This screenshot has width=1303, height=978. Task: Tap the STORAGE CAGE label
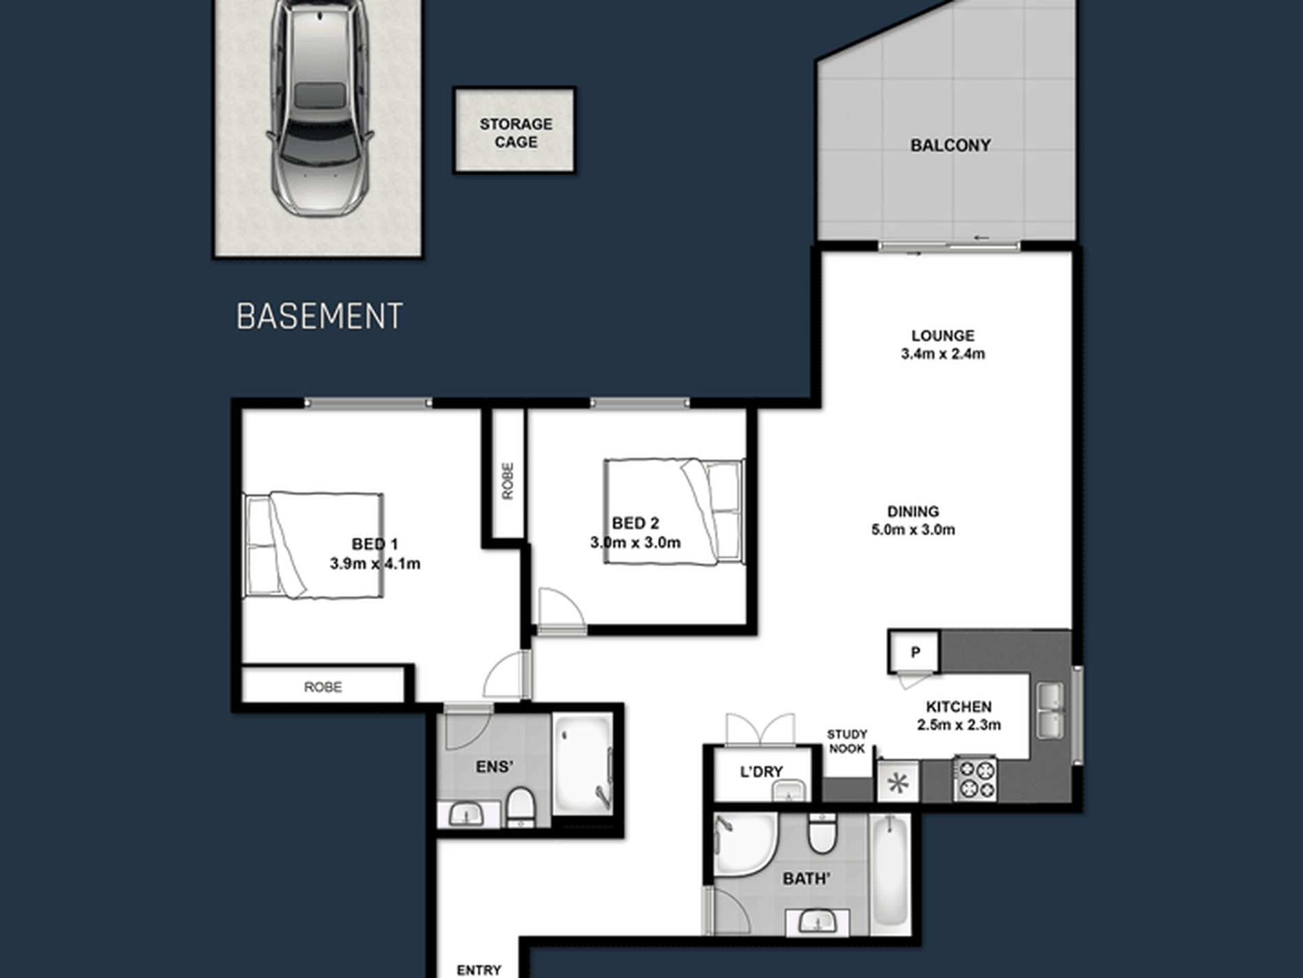point(516,132)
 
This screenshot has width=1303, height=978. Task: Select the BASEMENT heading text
point(320,316)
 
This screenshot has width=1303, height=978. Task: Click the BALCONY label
point(951,145)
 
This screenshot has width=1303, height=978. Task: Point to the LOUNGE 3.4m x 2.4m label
point(943,345)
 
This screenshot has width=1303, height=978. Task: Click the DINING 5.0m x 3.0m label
point(913,520)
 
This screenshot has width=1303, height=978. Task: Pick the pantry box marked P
point(914,651)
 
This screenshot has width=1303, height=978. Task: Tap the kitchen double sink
point(1050,710)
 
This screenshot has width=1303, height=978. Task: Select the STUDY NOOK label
point(847,741)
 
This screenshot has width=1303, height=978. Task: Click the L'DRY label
point(761,771)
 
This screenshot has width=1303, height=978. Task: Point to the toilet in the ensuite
point(521,807)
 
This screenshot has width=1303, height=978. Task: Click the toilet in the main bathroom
point(822,833)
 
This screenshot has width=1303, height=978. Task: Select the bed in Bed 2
point(674,512)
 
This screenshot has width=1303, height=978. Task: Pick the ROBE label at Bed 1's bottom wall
point(323,687)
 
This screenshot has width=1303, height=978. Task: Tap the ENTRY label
point(479,970)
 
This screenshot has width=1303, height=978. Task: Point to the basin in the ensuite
point(466,815)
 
